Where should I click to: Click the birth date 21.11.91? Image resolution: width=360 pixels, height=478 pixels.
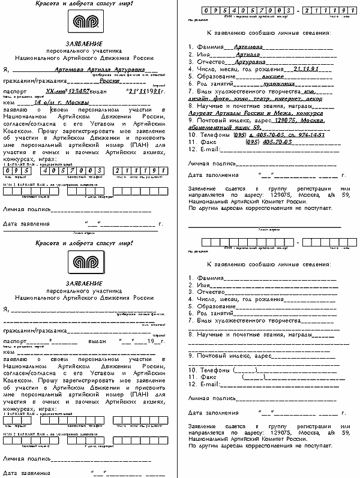pos(306,69)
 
